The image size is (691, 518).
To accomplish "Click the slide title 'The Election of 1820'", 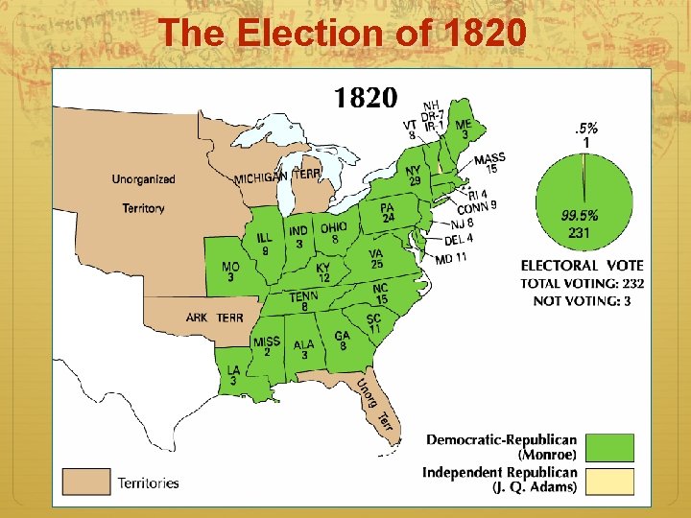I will [x=343, y=34].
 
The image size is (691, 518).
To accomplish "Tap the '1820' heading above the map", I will [x=365, y=97].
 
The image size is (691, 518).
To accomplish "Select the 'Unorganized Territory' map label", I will [x=144, y=193].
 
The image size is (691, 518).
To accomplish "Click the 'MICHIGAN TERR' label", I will [x=278, y=176].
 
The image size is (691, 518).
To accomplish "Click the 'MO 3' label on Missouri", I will [x=230, y=271].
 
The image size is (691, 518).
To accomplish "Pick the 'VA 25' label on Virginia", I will [x=376, y=259].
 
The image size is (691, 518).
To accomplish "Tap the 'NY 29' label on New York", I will [x=414, y=176].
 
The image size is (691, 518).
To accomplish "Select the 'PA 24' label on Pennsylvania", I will [x=388, y=212].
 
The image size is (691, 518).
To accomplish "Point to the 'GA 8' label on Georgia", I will [x=342, y=341].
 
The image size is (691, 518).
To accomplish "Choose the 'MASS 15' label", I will [x=489, y=163].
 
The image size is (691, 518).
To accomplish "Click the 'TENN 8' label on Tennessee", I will [x=303, y=302].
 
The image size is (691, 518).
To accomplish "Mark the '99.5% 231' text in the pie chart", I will [x=579, y=223].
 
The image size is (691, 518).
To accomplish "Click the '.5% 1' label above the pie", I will [x=585, y=135].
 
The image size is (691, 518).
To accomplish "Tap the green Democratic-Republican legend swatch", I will [x=610, y=447].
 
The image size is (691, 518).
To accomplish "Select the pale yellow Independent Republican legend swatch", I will [x=610, y=480].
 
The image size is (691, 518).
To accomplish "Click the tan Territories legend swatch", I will [x=87, y=482].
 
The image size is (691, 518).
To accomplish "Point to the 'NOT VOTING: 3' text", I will [x=583, y=301].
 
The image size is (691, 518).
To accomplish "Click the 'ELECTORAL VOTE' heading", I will [x=582, y=265].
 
